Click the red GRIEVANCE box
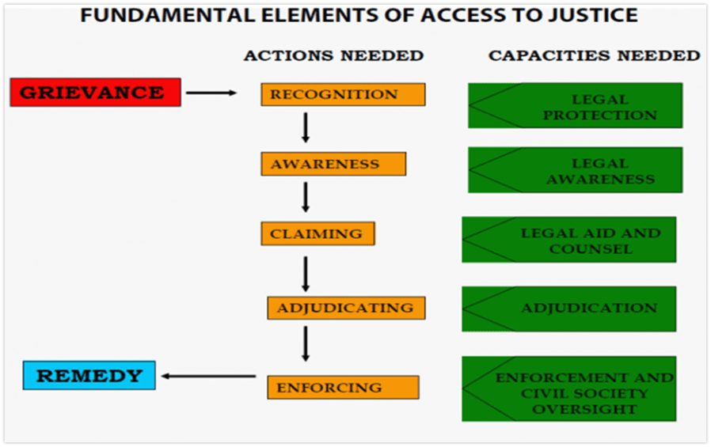coord(95,93)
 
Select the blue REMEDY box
coord(89,375)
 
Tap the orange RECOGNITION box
coord(343,94)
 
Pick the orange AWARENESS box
coord(333,164)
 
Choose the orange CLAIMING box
coord(317,233)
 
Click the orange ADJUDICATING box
coord(346,307)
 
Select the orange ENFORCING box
coord(342,388)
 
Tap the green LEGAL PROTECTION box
coord(575,105)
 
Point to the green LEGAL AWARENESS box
coord(575,170)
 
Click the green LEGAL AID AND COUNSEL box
coord(568,240)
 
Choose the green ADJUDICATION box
coord(568,309)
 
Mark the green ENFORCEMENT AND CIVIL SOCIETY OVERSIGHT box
coord(568,388)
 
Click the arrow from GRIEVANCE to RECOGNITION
coord(211,93)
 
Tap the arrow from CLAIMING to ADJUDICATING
coord(305,273)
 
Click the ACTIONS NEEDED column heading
coord(333,56)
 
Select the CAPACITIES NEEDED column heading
coord(594,56)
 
